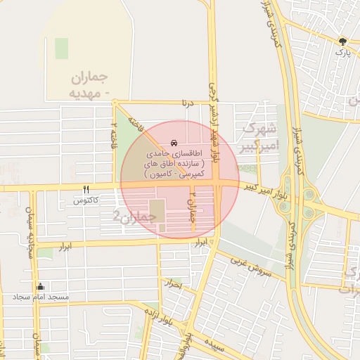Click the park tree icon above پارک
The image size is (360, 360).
point(342,41)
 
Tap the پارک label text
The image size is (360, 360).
point(342,53)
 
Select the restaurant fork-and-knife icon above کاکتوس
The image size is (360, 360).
point(86,189)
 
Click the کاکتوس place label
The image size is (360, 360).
point(86,201)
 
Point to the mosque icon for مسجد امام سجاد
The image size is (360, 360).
point(40,286)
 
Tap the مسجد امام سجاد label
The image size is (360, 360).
point(40,297)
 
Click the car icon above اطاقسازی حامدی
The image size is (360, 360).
point(174,143)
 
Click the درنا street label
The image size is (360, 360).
point(186,103)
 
